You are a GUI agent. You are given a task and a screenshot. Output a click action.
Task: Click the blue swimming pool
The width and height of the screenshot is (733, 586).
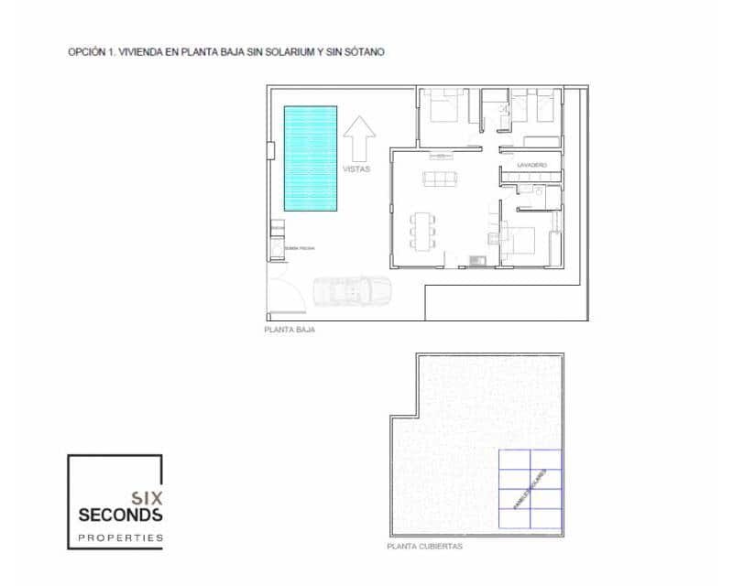pos(310,158)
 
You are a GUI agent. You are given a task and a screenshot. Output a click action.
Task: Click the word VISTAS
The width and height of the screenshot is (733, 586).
pos(356,169)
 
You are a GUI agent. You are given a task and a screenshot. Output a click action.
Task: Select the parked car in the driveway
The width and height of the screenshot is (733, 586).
pos(352,291)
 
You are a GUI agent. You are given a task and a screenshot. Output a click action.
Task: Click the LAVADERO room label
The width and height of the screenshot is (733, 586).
pos(531,165)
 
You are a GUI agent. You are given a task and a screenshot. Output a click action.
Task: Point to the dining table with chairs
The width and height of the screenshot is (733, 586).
pos(423,230)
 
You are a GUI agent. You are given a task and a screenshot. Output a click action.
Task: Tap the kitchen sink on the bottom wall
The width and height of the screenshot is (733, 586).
pos(477,260)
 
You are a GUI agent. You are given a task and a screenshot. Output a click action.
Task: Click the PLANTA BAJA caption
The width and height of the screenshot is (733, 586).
pos(289,330)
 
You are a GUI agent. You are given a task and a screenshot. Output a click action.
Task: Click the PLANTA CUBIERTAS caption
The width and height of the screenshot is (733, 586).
pos(424,547)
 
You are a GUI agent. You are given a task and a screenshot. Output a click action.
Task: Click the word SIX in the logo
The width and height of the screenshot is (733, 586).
pos(148,498)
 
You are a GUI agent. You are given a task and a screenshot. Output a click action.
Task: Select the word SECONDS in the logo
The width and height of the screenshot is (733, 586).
pos(120,515)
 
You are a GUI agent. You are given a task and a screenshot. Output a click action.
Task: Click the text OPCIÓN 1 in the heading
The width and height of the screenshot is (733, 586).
pos(90,52)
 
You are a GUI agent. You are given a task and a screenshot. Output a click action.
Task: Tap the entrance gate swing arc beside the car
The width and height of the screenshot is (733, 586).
pos(289,293)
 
